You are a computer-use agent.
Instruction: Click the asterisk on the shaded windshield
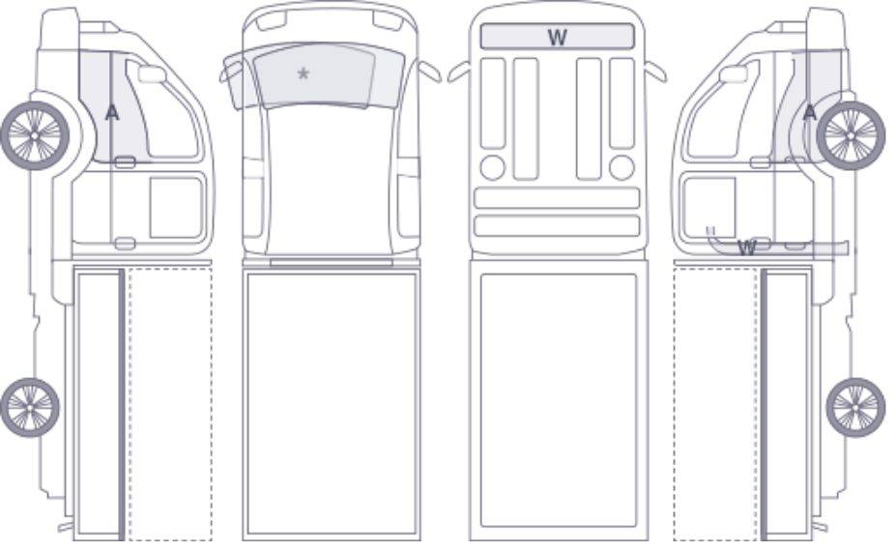tap(303, 73)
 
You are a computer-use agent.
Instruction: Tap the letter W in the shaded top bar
tap(557, 37)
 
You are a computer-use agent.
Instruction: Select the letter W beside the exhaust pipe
tap(747, 247)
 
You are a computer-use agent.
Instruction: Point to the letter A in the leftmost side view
tap(112, 112)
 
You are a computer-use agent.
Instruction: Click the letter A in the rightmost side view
tap(810, 112)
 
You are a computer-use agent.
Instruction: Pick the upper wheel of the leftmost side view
tap(35, 135)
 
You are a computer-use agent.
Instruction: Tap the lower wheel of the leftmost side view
tap(30, 407)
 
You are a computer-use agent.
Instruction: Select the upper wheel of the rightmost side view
tap(851, 135)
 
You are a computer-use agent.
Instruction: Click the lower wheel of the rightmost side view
tap(855, 407)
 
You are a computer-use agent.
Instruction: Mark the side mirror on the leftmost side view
tap(152, 73)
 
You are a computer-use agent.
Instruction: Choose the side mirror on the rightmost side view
tap(734, 73)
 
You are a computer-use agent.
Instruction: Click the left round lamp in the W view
tap(493, 167)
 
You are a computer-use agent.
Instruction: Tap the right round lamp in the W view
tap(621, 167)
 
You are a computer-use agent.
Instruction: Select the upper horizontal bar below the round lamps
tap(557, 198)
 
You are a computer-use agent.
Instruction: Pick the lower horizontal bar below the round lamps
tap(557, 226)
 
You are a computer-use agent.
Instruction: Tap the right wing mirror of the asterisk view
tap(430, 71)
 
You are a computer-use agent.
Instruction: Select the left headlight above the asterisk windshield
tap(271, 21)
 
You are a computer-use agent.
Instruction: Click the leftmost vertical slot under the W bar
tap(493, 103)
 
